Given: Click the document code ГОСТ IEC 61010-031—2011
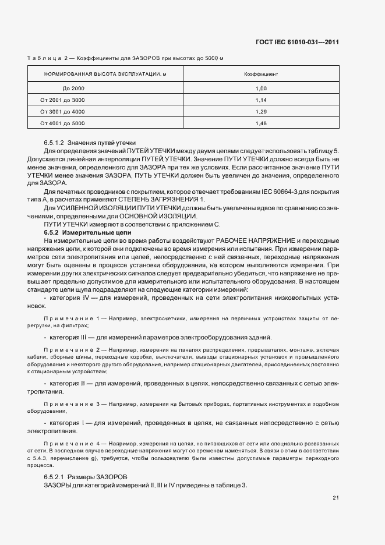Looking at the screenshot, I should [x=297, y=42].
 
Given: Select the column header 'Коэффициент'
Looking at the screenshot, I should [x=260, y=75].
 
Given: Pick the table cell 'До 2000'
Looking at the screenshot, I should [x=73, y=88].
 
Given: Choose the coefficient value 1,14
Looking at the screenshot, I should [x=260, y=100].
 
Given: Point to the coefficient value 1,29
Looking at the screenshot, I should [x=260, y=111].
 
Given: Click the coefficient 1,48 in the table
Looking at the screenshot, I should [x=260, y=123].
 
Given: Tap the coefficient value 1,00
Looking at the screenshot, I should [x=260, y=88].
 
